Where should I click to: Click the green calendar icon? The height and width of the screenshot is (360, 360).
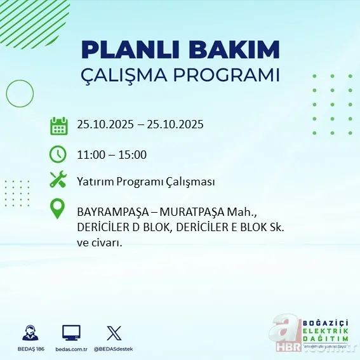point(58,125)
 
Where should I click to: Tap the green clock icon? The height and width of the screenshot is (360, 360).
point(58,154)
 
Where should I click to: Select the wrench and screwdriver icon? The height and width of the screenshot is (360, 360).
point(58,180)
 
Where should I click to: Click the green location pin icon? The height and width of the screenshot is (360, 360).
point(58,210)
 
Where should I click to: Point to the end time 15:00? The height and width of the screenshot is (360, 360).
point(134,154)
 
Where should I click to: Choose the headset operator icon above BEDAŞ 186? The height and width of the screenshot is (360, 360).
point(29,333)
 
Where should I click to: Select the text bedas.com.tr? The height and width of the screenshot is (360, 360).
point(71,349)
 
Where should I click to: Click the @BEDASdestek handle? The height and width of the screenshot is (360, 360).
point(114,349)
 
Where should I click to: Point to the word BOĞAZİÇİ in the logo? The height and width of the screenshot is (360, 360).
point(325,321)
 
